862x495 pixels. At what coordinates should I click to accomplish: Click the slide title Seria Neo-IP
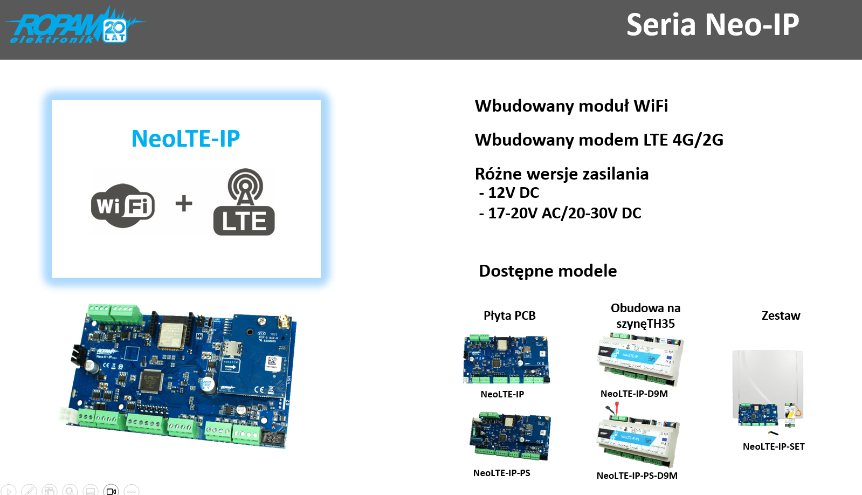pyautogui.click(x=712, y=25)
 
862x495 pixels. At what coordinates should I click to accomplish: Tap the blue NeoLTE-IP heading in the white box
pyautogui.click(x=185, y=139)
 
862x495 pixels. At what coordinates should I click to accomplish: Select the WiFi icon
pyautogui.click(x=123, y=205)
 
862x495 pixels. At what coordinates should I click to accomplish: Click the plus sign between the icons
pyautogui.click(x=184, y=203)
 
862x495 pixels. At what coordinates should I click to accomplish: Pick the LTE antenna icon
pyautogui.click(x=244, y=202)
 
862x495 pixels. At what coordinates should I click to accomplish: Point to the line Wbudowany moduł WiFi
pyautogui.click(x=571, y=106)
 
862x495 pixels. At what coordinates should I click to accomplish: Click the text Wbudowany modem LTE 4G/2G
pyautogui.click(x=599, y=140)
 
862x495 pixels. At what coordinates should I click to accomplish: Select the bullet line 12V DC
pyautogui.click(x=509, y=192)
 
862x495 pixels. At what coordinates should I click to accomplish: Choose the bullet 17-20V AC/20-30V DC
pyautogui.click(x=560, y=213)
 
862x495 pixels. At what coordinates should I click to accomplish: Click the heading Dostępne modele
pyautogui.click(x=548, y=271)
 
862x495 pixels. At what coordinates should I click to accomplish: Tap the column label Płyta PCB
pyautogui.click(x=509, y=315)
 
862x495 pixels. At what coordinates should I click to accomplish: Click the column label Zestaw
pyautogui.click(x=781, y=315)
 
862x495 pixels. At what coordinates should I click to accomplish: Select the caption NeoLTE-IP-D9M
pyautogui.click(x=634, y=394)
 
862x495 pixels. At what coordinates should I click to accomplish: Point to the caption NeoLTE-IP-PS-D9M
pyautogui.click(x=637, y=476)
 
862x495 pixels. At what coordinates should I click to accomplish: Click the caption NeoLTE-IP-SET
pyautogui.click(x=774, y=446)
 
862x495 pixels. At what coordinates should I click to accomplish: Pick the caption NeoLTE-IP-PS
pyautogui.click(x=501, y=473)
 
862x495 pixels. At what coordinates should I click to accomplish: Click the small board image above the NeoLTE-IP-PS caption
pyautogui.click(x=510, y=436)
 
